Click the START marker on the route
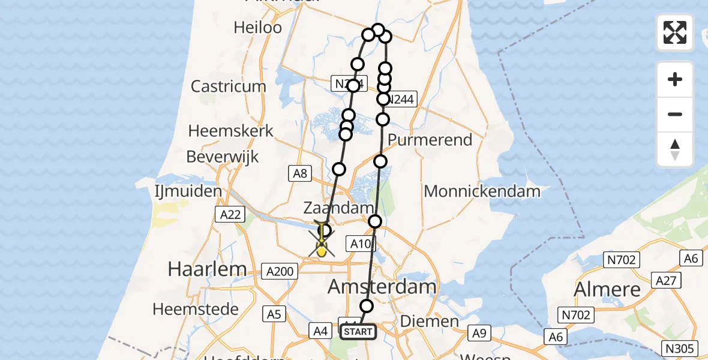click(x=358, y=332)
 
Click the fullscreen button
click(x=675, y=32)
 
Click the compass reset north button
click(x=675, y=149)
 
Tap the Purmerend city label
click(x=430, y=140)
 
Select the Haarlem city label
click(x=207, y=269)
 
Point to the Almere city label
click(x=608, y=289)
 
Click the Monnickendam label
click(x=482, y=191)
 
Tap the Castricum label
click(x=228, y=86)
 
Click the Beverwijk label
click(x=222, y=157)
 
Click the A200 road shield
click(x=279, y=272)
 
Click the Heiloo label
click(x=257, y=27)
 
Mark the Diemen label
click(x=429, y=321)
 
